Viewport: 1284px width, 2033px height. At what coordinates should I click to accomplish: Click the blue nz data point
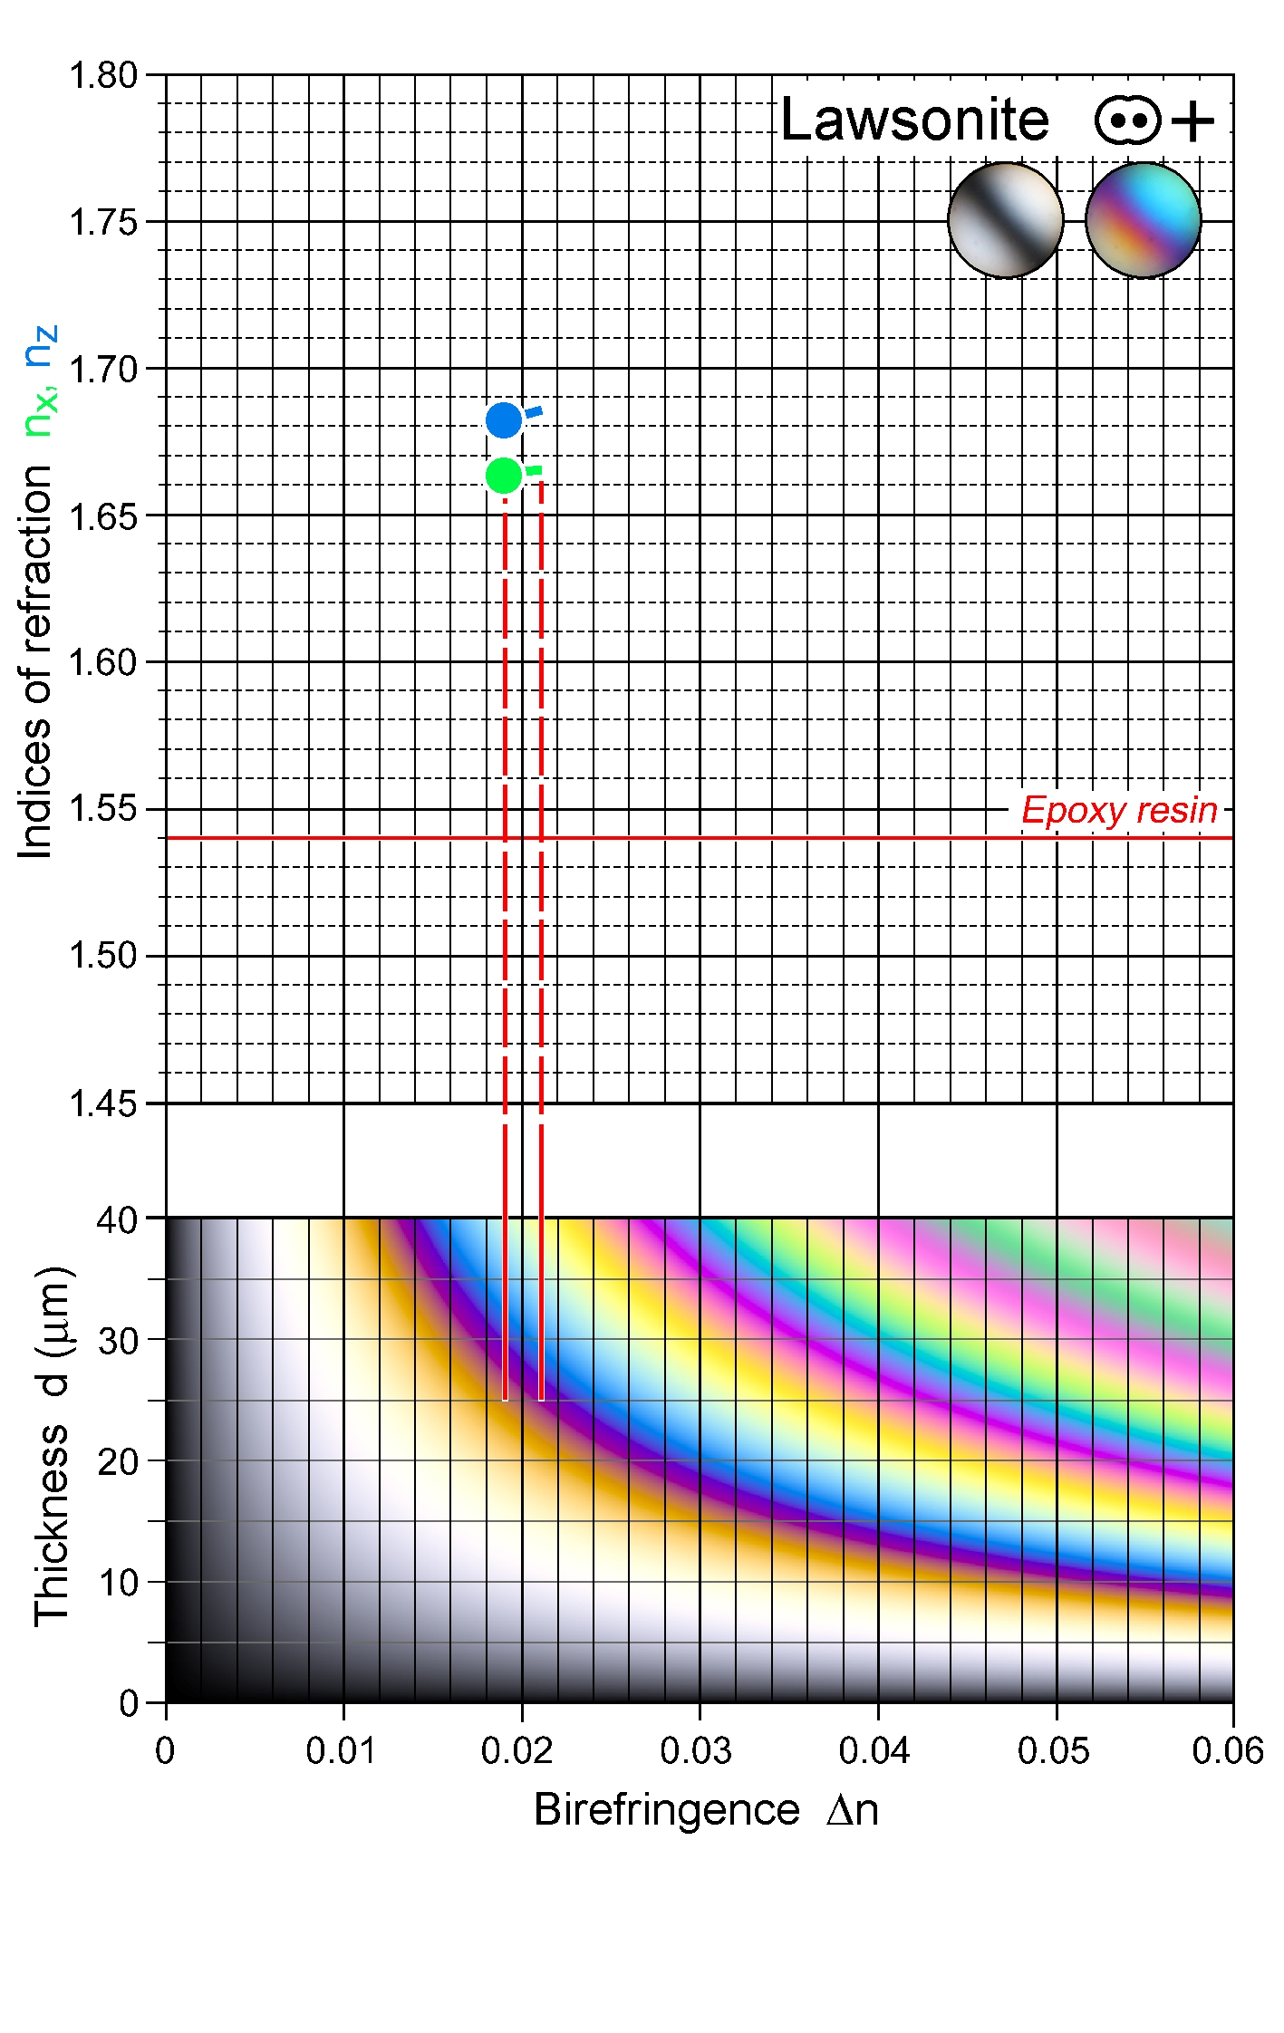[504, 420]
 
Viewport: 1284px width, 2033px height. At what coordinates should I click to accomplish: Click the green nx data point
[504, 475]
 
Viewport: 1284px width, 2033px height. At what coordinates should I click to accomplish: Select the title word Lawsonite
[913, 120]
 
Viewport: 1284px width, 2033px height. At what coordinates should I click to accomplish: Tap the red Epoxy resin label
[1119, 810]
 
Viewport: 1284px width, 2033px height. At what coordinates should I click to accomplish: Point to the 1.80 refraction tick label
[103, 75]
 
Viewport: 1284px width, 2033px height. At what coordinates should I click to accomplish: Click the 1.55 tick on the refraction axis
[103, 808]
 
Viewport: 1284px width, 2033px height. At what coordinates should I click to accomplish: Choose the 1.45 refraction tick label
[103, 1103]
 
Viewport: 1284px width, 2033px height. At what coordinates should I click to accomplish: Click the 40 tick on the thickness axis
[118, 1219]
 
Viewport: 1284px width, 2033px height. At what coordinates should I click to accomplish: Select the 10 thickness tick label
[118, 1583]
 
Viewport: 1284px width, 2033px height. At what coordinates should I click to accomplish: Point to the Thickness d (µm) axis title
[52, 1445]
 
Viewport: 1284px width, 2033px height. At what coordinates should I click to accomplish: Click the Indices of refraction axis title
[36, 661]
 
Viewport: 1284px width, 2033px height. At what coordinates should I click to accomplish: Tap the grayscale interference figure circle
[1005, 220]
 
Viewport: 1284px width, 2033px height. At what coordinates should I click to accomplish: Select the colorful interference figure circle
[1144, 220]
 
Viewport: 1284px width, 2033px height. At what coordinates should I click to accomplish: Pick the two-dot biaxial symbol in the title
[1127, 120]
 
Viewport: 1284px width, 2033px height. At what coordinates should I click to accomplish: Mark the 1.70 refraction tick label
[103, 369]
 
